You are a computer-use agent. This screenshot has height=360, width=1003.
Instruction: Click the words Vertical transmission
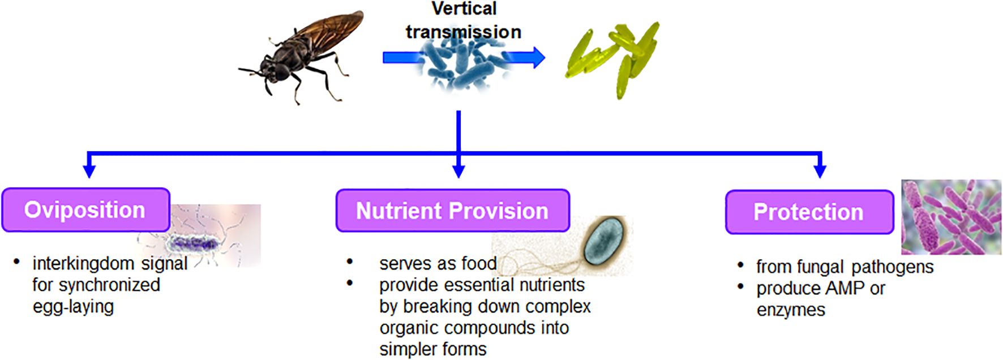pos(464,20)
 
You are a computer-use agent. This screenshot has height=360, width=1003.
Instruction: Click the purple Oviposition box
pos(86,210)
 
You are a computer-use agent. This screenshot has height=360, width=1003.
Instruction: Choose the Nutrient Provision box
pos(452,211)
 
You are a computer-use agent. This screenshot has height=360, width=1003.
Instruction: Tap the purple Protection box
pos(809,212)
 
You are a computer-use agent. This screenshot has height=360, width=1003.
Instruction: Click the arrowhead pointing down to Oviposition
pos(89,171)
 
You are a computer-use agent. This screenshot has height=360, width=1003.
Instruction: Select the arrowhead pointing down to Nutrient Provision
pos(459,171)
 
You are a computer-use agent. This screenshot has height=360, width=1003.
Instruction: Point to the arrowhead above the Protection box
pos(820,171)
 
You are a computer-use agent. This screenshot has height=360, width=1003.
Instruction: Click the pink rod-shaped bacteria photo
pos(951,217)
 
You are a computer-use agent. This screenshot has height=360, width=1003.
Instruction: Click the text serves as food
pos(438,263)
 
